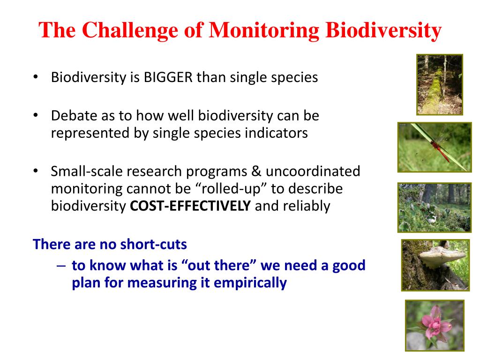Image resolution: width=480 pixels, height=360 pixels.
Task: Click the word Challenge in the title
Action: click(x=130, y=30)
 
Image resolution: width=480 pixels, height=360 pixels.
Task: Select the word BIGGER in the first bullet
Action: click(x=168, y=77)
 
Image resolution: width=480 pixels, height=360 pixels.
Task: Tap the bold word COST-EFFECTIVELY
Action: click(x=190, y=206)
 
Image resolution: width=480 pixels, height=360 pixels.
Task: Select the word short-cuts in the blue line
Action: click(x=153, y=244)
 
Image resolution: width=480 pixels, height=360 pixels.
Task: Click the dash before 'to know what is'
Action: click(x=61, y=266)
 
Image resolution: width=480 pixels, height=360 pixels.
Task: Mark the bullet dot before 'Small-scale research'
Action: click(x=36, y=171)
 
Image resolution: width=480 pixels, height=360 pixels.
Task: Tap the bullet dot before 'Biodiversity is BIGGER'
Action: click(x=36, y=77)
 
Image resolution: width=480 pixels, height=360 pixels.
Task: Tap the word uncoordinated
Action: click(x=313, y=172)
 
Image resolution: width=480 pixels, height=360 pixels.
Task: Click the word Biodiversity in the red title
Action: click(x=383, y=30)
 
